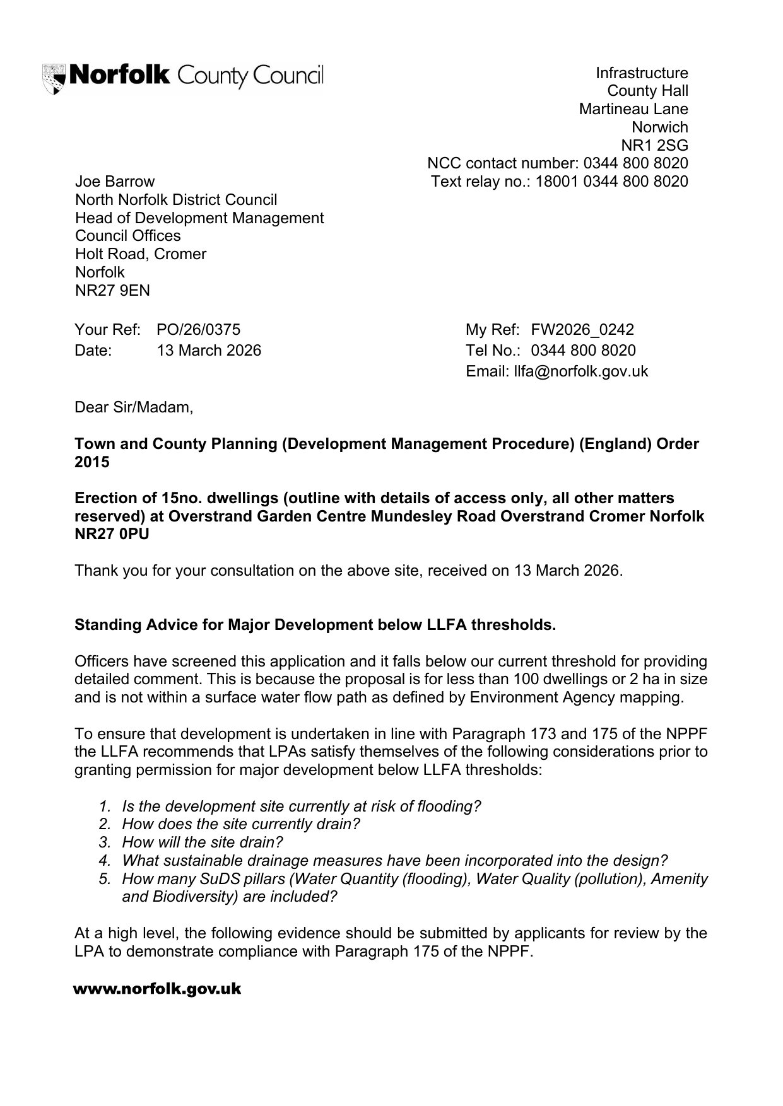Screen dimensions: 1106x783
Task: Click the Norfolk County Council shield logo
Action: tap(54, 78)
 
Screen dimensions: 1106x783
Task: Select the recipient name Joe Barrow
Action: tap(114, 182)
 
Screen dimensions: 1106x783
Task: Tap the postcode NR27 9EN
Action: tap(112, 291)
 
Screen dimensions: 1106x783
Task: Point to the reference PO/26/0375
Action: tap(198, 330)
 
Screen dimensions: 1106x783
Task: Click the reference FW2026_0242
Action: tap(582, 330)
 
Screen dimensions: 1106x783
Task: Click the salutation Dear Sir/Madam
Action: tap(134, 407)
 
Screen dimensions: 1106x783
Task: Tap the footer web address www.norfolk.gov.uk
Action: tap(157, 989)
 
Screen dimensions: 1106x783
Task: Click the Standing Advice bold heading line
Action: tap(315, 625)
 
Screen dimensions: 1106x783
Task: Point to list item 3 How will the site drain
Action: tap(202, 842)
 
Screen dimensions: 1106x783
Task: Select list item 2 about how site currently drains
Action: tap(240, 824)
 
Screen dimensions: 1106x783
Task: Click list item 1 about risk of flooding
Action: tap(301, 806)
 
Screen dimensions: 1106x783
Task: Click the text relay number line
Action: tap(559, 182)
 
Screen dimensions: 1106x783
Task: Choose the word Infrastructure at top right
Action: tap(642, 73)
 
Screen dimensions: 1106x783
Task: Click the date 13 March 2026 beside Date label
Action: tap(208, 351)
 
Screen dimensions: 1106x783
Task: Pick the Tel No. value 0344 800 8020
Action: tap(583, 351)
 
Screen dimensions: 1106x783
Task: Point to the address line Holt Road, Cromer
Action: tap(141, 254)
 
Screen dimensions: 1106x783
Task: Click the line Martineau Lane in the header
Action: tap(633, 109)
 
